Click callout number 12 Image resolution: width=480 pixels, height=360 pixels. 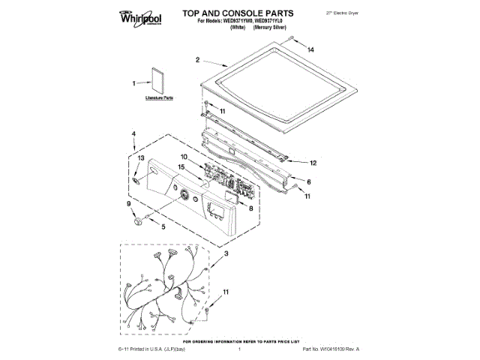[x=313, y=161]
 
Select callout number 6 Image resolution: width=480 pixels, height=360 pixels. [x=309, y=182]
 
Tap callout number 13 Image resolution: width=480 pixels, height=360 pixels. [x=139, y=158]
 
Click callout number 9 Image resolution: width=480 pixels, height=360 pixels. [x=128, y=204]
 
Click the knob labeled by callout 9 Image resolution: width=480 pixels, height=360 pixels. [x=137, y=220]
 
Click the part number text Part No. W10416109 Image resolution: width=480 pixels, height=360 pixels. [x=331, y=349]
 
